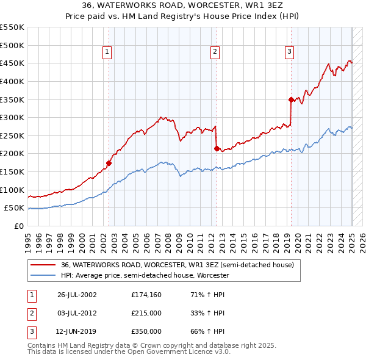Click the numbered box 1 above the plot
coord(107,52)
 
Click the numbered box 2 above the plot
coord(215,52)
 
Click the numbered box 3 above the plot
coord(289,52)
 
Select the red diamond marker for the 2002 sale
coord(109,163)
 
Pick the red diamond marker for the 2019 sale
coord(291,99)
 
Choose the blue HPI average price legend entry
coord(145,276)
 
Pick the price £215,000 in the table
coord(146,313)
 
